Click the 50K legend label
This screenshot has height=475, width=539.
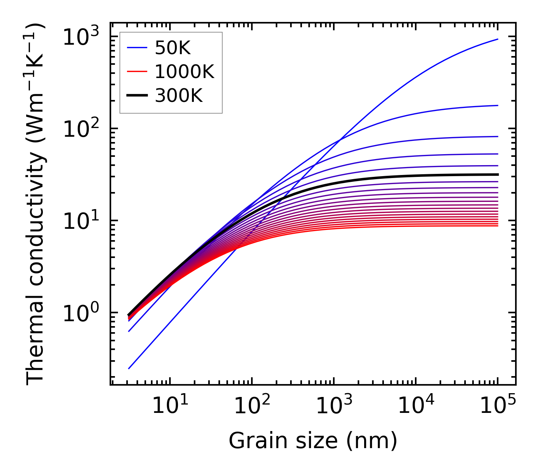173,48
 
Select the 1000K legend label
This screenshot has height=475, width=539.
184,72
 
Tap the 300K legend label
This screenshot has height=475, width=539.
179,96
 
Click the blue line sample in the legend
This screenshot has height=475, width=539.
137,48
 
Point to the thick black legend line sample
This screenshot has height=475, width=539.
137,96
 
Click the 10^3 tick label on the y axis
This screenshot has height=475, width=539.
80,37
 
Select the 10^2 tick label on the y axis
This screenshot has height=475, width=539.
80,129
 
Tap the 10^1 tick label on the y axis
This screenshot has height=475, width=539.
80,221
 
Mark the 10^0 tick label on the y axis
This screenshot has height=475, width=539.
80,313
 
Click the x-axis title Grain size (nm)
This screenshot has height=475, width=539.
313,441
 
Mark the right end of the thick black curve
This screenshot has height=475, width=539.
497,175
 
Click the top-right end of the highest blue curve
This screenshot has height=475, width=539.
497,39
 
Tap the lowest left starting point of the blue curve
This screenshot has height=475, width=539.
129,369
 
